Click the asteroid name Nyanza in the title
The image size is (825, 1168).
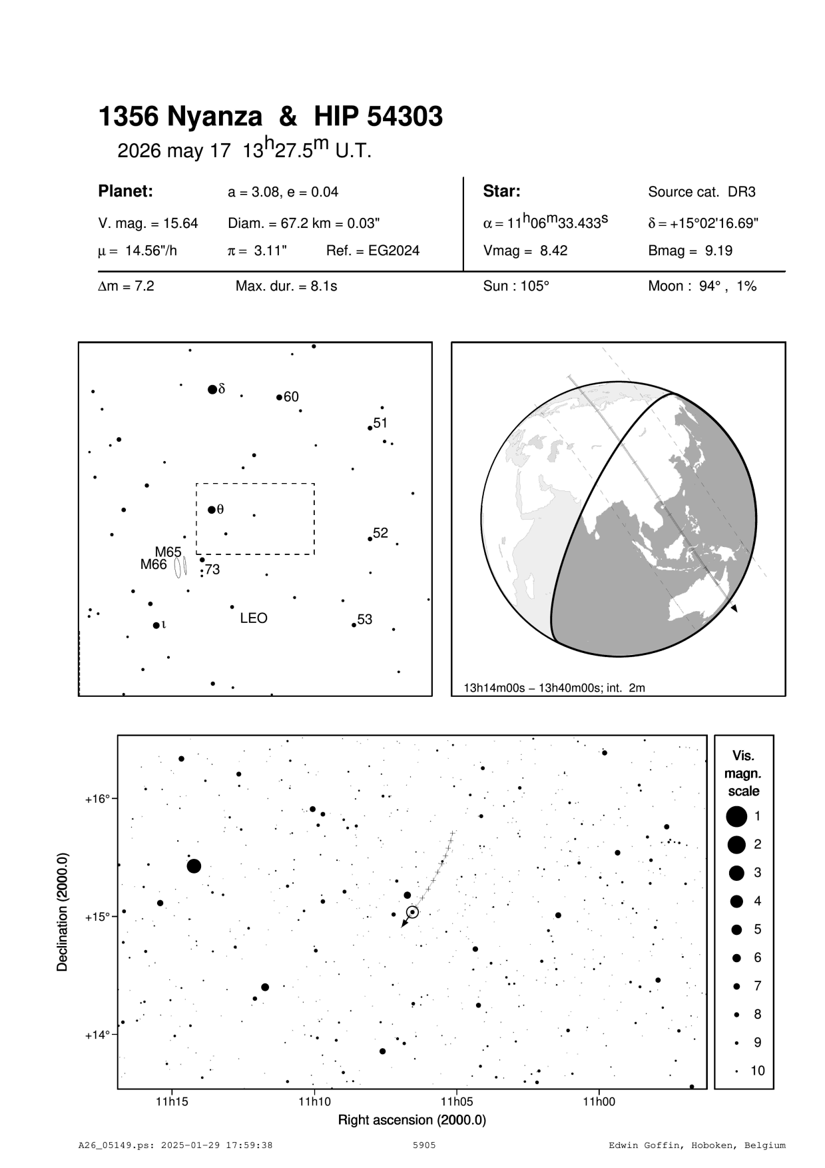(x=214, y=117)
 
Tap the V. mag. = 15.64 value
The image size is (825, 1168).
(x=148, y=223)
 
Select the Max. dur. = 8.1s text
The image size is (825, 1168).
(x=286, y=287)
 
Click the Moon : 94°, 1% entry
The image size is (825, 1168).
(x=702, y=287)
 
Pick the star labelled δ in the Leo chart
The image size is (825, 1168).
(x=212, y=389)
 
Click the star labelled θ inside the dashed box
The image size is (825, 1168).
(x=212, y=510)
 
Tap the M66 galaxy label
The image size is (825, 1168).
(x=153, y=565)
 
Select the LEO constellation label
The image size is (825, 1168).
(x=254, y=618)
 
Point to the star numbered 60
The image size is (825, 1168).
(x=279, y=397)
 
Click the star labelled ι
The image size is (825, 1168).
(x=156, y=625)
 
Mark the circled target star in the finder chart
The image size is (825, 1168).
(x=413, y=911)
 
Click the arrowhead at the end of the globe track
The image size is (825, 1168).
(x=734, y=608)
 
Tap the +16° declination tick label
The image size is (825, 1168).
(x=97, y=798)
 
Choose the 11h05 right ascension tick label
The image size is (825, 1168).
(x=456, y=1101)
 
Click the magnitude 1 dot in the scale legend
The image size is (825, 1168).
(x=736, y=816)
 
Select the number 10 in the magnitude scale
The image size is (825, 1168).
(x=758, y=1071)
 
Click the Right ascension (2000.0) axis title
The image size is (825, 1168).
(x=412, y=1119)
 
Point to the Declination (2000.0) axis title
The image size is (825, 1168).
(x=63, y=912)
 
